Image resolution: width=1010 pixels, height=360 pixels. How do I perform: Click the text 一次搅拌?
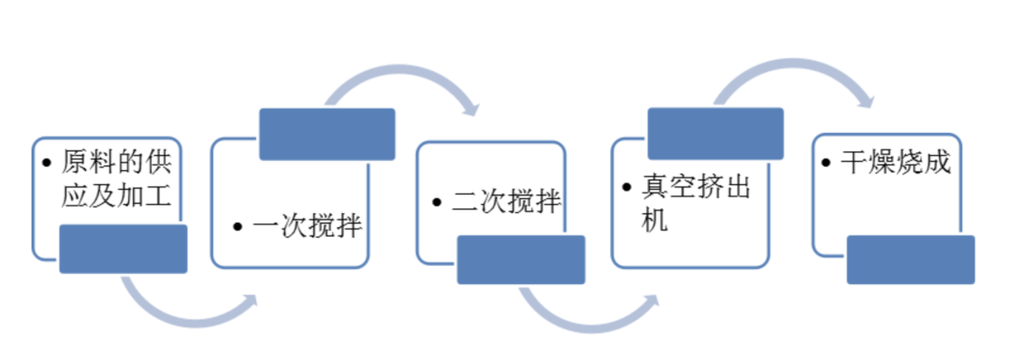307,226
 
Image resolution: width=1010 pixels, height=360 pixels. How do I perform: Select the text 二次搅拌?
507,202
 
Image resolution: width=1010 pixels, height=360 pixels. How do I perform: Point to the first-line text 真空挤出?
697,186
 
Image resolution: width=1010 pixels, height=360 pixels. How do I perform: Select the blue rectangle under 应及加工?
123,249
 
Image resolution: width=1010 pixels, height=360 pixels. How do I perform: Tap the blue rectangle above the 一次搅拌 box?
326,134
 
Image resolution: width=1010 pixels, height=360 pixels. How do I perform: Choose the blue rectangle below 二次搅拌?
521,259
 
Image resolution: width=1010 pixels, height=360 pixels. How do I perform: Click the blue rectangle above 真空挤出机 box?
715,134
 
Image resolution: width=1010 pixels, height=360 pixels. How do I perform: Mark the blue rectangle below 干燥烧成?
910,259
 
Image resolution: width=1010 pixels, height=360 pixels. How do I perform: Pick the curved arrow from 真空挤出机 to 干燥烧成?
795,79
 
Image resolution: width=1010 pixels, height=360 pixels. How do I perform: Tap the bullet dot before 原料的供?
47,163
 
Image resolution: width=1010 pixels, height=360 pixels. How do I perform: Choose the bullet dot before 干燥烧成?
826,163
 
